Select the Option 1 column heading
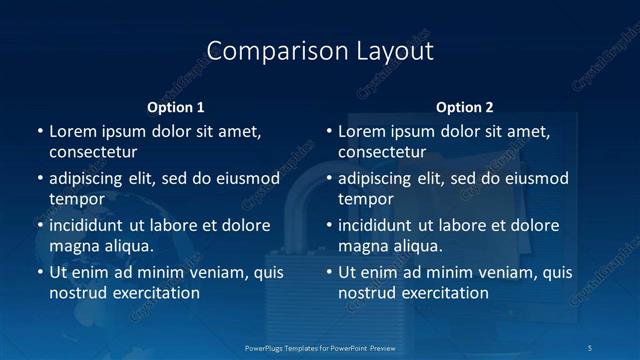(x=176, y=107)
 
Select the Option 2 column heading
(x=465, y=107)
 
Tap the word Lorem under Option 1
(x=73, y=131)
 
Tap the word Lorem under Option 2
(x=362, y=131)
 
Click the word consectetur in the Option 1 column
(x=93, y=152)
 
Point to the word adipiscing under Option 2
(x=381, y=178)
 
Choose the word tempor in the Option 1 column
(x=77, y=199)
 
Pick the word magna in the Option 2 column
(x=363, y=246)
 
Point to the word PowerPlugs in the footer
(x=265, y=347)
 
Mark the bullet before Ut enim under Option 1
(x=38, y=272)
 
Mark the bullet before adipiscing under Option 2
(x=327, y=178)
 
